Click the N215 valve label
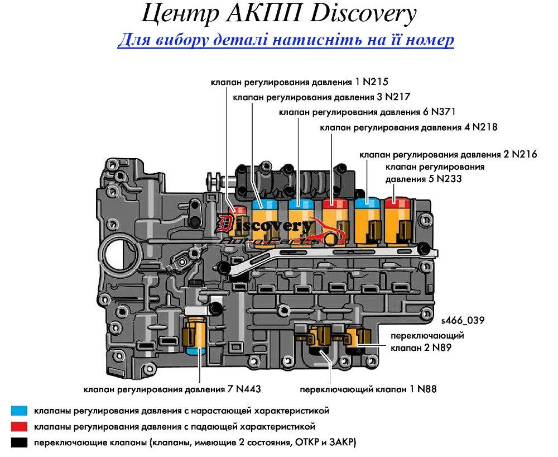coord(299,82)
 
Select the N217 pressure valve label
coord(322,97)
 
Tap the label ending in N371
coord(367,112)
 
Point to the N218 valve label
coord(408,127)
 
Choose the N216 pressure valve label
coord(448,155)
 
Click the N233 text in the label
coord(449,179)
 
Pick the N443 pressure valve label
coord(172,389)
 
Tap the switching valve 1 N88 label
coord(368,389)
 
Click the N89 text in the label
coord(441,347)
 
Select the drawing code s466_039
coord(463,321)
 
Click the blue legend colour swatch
coord(19,411)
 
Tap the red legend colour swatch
coord(19,426)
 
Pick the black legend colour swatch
coord(19,442)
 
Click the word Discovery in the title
coord(365,15)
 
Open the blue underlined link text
coord(286,40)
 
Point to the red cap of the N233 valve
coord(397,203)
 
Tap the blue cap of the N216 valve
coord(367,203)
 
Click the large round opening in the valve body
coord(120,255)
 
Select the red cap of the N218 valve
coord(335,203)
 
